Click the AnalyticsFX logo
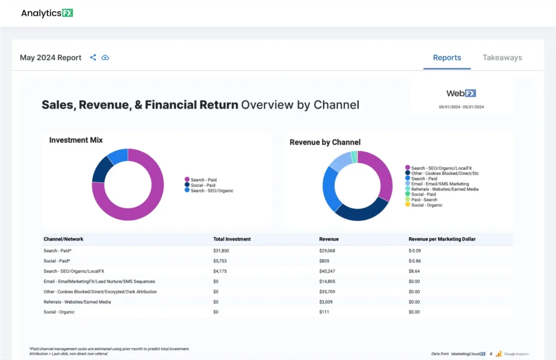pyautogui.click(x=47, y=13)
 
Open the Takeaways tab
pyautogui.click(x=502, y=58)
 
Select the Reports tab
pyautogui.click(x=447, y=58)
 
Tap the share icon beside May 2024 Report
pyautogui.click(x=93, y=58)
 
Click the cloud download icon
pyautogui.click(x=105, y=58)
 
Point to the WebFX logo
pyautogui.click(x=461, y=93)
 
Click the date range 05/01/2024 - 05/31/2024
pyautogui.click(x=461, y=107)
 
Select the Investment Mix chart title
pyautogui.click(x=76, y=140)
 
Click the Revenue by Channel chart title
pyautogui.click(x=325, y=142)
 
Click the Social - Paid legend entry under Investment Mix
pyautogui.click(x=204, y=185)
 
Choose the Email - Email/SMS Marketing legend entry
pyautogui.click(x=440, y=184)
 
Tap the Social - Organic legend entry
pyautogui.click(x=426, y=205)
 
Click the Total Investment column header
pyautogui.click(x=232, y=239)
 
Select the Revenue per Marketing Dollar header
pyautogui.click(x=442, y=239)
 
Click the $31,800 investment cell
pyautogui.click(x=221, y=251)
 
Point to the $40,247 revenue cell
pyautogui.click(x=328, y=271)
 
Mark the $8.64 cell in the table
pyautogui.click(x=415, y=271)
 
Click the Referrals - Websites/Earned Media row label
pyautogui.click(x=78, y=302)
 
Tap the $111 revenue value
pyautogui.click(x=325, y=312)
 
